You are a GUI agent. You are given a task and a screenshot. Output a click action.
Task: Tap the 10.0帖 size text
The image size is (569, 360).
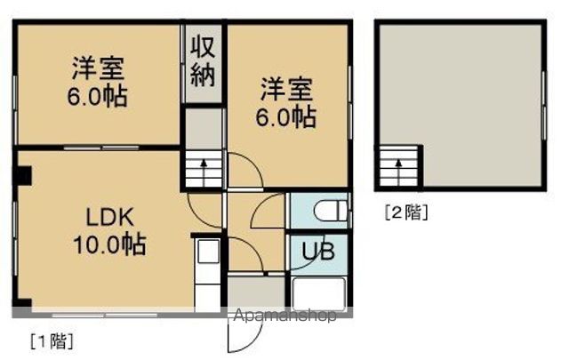pos(108,242)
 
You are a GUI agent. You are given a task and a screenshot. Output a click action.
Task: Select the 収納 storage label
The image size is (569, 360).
pos(204,60)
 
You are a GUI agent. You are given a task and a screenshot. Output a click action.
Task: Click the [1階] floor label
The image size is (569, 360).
pos(51,340)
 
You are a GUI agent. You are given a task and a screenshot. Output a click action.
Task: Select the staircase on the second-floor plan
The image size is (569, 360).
pos(399,167)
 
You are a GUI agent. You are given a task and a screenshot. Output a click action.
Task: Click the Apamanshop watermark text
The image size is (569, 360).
pos(284,316)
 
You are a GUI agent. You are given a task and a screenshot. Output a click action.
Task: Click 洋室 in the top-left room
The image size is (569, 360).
pos(98,68)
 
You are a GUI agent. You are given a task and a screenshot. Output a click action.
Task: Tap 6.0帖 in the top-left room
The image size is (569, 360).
pos(98,94)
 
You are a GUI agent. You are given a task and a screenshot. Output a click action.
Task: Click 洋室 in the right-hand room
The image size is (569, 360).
pos(286,91)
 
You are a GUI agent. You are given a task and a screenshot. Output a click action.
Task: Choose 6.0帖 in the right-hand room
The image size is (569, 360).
pos(286,116)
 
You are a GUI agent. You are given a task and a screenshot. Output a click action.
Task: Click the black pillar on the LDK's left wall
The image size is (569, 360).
pos(21,175)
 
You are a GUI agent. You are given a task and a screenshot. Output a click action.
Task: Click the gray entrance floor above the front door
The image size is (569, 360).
pos(247,292)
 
